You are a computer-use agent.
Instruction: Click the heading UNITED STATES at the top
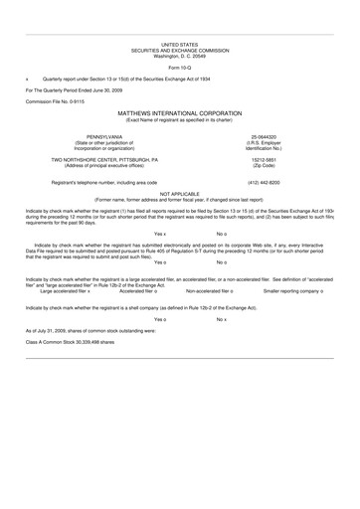(179, 45)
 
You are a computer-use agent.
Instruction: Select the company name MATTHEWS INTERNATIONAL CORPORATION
(179, 112)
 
